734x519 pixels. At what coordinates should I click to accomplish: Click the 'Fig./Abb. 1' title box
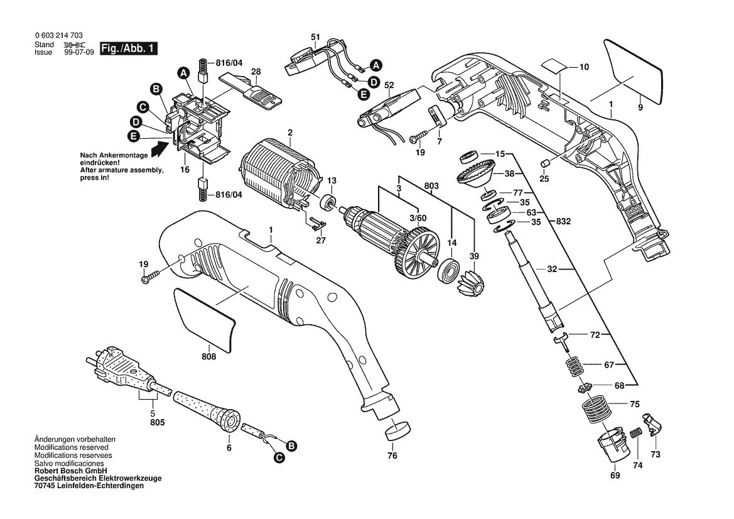[129, 48]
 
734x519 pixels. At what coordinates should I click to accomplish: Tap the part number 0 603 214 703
[58, 36]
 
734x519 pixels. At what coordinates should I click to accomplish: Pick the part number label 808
[209, 357]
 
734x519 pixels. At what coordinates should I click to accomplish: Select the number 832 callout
[564, 221]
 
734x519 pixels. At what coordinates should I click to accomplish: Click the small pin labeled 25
[545, 163]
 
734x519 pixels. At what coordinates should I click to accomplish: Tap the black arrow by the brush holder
[159, 149]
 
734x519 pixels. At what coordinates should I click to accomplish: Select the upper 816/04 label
[229, 62]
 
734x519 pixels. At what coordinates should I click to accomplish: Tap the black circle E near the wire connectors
[364, 94]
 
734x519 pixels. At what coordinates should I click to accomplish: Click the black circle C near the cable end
[279, 457]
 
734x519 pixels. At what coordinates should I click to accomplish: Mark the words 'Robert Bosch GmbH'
[71, 471]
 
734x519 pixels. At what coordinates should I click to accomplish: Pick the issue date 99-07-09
[79, 52]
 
